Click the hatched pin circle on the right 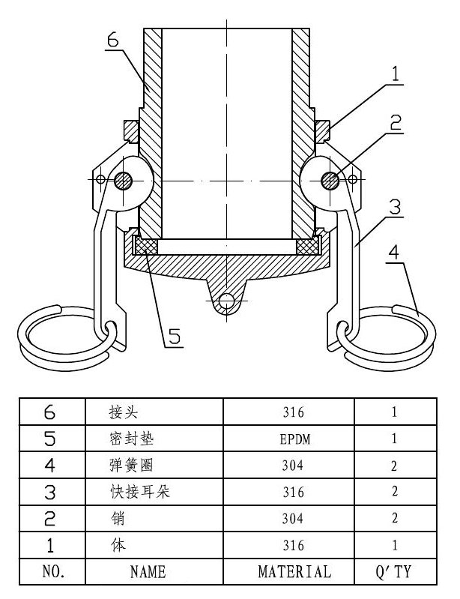click(x=327, y=180)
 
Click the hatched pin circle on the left click(x=124, y=180)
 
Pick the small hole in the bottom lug click(x=226, y=301)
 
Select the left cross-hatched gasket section click(x=145, y=246)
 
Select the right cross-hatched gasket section click(x=307, y=246)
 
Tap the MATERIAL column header click(x=294, y=572)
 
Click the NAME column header click(x=148, y=572)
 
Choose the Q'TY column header click(x=394, y=572)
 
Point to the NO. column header click(x=51, y=572)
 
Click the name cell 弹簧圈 click(x=130, y=466)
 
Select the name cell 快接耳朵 click(x=136, y=492)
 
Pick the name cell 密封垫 click(x=130, y=439)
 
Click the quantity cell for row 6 click(x=394, y=412)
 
